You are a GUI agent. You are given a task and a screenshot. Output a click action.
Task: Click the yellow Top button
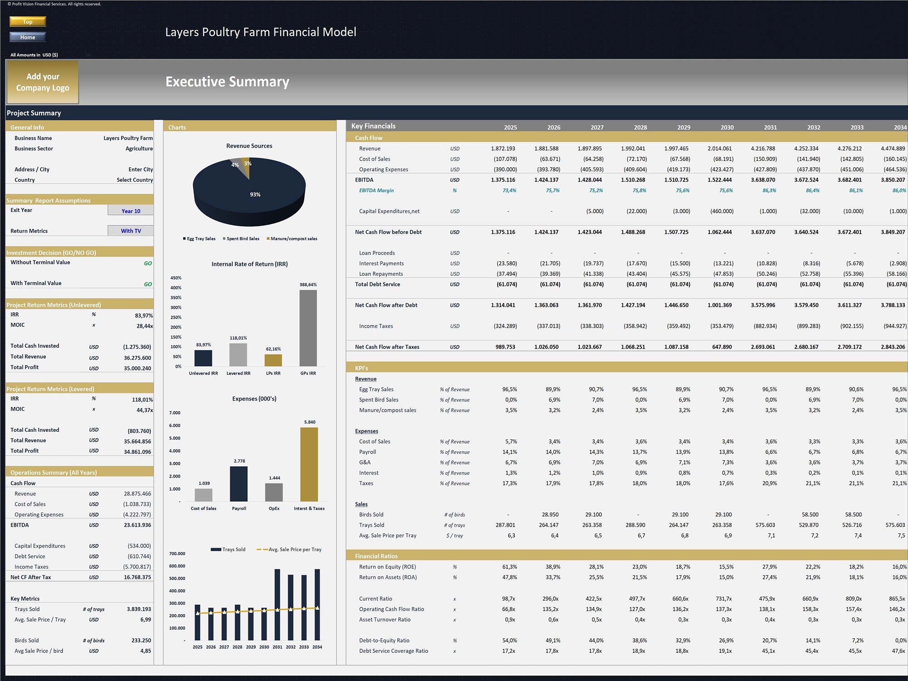(28, 21)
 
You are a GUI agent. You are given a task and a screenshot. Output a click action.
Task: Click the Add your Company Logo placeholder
(43, 82)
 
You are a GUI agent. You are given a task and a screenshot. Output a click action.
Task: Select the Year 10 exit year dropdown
(131, 211)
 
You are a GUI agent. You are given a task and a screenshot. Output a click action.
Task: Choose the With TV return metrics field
(131, 231)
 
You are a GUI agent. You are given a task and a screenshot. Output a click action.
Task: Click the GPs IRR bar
(308, 328)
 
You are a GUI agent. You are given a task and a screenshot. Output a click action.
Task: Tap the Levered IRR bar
(238, 355)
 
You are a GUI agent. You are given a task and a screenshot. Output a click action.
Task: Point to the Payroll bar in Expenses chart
(239, 484)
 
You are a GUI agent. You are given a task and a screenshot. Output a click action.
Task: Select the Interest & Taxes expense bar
(309, 464)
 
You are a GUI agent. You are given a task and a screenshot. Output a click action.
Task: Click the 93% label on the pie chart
(255, 194)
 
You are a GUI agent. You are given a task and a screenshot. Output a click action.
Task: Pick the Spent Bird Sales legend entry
(241, 239)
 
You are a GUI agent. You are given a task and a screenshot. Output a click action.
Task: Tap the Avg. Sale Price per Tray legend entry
(289, 549)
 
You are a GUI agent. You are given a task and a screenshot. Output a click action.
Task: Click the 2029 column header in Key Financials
(684, 128)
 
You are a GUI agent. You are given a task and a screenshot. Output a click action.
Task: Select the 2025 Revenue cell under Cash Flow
(503, 148)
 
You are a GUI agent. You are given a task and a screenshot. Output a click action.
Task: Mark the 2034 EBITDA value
(893, 180)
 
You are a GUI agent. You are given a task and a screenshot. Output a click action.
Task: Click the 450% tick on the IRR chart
(176, 278)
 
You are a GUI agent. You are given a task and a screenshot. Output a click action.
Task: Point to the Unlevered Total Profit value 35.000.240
(138, 368)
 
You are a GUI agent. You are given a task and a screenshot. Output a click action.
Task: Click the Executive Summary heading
(227, 82)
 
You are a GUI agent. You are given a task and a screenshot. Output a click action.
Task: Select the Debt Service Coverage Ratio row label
(394, 651)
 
